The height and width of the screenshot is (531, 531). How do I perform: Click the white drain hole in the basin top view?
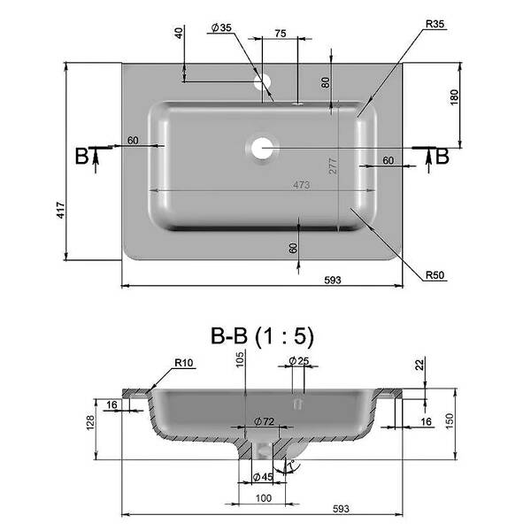(x=261, y=149)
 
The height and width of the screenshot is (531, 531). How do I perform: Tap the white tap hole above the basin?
(x=263, y=82)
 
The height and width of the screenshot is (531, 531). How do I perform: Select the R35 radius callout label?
(x=435, y=24)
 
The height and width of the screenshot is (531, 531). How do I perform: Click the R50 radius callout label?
(x=435, y=275)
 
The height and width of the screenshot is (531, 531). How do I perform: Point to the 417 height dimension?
(x=60, y=210)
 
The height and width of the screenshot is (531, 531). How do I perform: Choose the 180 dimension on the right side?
(x=454, y=97)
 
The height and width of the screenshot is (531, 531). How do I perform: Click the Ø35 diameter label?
(x=221, y=27)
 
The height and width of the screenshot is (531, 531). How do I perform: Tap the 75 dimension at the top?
(x=280, y=34)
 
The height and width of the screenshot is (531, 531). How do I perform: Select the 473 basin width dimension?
(x=302, y=185)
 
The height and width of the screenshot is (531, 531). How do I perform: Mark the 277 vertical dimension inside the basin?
(x=333, y=166)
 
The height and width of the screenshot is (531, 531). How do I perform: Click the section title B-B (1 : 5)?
(x=262, y=336)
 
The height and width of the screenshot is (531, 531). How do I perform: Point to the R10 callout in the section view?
(x=183, y=363)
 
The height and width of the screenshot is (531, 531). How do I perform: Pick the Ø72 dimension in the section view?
(x=264, y=421)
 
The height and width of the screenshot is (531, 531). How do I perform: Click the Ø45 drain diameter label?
(x=263, y=477)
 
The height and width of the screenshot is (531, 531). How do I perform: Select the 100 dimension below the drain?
(x=264, y=497)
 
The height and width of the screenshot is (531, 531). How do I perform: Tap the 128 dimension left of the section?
(x=90, y=423)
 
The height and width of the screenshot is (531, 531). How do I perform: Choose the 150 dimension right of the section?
(x=450, y=421)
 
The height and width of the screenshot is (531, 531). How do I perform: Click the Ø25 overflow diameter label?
(x=299, y=361)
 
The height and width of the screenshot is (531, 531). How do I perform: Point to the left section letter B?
(x=81, y=156)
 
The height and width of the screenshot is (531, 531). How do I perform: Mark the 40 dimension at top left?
(x=179, y=33)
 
